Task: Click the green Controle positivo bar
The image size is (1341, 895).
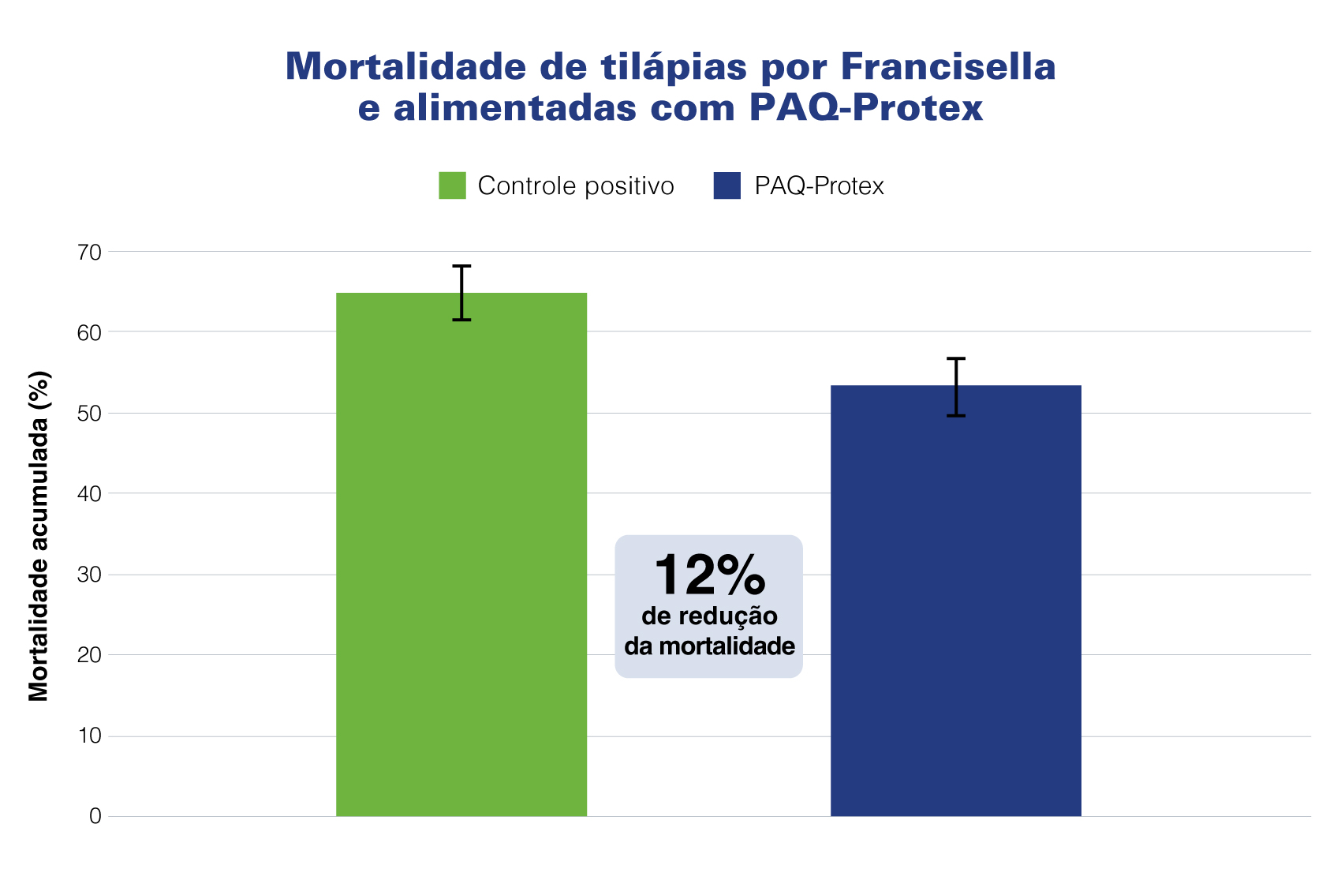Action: [461, 552]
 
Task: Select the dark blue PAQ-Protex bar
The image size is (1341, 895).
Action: [955, 600]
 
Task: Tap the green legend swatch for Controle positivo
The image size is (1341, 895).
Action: [452, 185]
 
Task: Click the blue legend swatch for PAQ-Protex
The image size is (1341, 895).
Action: [727, 185]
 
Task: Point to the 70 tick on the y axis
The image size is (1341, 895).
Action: [90, 253]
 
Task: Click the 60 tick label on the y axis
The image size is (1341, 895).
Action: [90, 332]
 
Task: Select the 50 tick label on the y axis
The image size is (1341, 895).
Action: [90, 414]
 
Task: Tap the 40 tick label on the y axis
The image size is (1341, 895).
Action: [90, 494]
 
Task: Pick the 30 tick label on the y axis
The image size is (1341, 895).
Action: [90, 575]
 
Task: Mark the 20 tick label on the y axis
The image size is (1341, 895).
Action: [90, 655]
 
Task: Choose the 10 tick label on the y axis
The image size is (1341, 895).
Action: [90, 736]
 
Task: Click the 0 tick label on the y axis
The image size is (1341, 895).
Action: [95, 817]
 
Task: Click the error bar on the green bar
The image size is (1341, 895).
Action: [461, 293]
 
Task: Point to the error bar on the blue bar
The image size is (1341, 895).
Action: [956, 387]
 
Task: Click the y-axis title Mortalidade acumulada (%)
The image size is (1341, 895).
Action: [39, 536]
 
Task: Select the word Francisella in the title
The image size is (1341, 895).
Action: [948, 66]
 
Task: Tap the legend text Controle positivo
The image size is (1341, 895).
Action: [576, 185]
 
